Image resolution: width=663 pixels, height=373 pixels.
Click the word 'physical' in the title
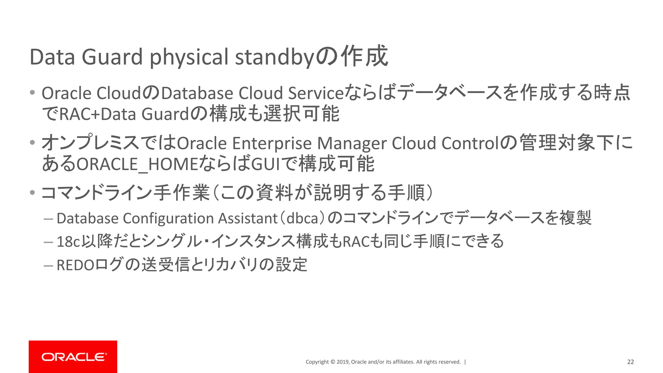[189, 57]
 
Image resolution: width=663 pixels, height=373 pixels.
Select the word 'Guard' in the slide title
[112, 57]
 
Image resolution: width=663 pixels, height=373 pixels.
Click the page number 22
[630, 362]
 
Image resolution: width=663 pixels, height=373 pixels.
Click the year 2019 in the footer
[342, 362]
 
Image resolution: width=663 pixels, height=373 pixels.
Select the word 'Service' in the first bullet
[315, 93]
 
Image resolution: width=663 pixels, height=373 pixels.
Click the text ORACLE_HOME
[137, 164]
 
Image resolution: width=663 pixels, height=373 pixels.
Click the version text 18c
[68, 242]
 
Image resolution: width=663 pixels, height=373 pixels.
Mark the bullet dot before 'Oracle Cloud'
[32, 93]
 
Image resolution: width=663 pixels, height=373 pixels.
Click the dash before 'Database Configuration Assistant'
[48, 219]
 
